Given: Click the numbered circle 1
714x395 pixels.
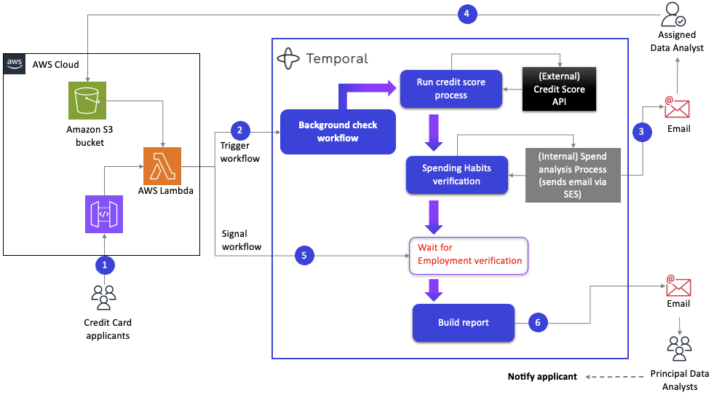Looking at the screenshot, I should [x=104, y=263].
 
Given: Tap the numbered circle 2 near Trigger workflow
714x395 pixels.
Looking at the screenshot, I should [x=240, y=130].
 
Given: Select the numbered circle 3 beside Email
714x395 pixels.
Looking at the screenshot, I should [x=641, y=131].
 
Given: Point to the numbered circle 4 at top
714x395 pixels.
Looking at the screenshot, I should [x=467, y=15].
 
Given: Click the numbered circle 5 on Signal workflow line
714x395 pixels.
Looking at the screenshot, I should [x=304, y=255].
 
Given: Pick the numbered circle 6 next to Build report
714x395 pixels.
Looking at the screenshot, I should [x=537, y=322].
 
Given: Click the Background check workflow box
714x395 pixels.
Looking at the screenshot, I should [x=338, y=131].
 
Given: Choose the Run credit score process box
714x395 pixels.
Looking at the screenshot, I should [x=451, y=89].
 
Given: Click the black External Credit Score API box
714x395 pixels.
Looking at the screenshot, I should [x=560, y=89].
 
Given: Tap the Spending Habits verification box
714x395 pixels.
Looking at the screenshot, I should [x=456, y=174].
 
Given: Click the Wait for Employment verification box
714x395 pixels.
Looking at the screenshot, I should [x=469, y=255].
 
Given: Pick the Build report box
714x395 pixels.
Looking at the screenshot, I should [x=464, y=322].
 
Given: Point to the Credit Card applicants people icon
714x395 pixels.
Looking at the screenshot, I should [x=104, y=297].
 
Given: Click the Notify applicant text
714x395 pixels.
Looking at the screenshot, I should [x=542, y=377].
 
